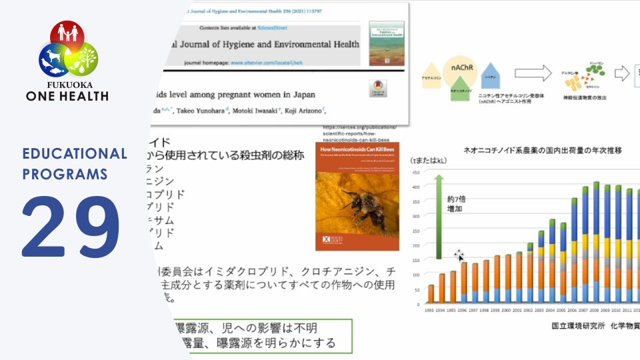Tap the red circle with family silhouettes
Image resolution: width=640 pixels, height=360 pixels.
pyautogui.click(x=68, y=36)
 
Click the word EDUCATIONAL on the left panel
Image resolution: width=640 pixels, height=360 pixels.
pyautogui.click(x=74, y=154)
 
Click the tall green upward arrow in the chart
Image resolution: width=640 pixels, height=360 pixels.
pyautogui.click(x=439, y=217)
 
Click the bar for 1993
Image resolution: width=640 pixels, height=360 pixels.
pyautogui.click(x=431, y=294)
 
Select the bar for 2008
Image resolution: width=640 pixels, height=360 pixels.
pyautogui.click(x=596, y=243)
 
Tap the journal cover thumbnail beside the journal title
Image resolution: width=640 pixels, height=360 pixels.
pyautogui.click(x=386, y=43)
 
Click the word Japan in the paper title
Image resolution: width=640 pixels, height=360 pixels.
pyautogui.click(x=301, y=94)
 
